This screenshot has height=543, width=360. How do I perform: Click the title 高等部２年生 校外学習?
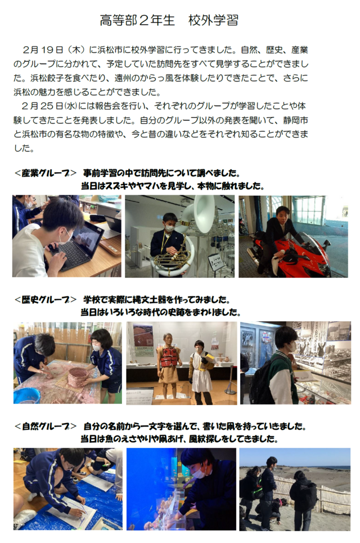coord(169,20)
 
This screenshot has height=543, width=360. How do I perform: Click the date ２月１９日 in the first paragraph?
coord(43,50)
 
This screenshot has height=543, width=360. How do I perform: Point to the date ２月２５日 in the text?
coord(43,106)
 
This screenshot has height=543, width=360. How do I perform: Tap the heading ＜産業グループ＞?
coord(46,173)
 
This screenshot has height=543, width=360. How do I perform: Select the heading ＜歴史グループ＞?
coord(46,299)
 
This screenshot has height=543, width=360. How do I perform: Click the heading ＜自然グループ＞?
coord(46,427)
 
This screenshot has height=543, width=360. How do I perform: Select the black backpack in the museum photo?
coord(261,385)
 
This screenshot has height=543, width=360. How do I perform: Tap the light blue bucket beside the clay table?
coord(26,396)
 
